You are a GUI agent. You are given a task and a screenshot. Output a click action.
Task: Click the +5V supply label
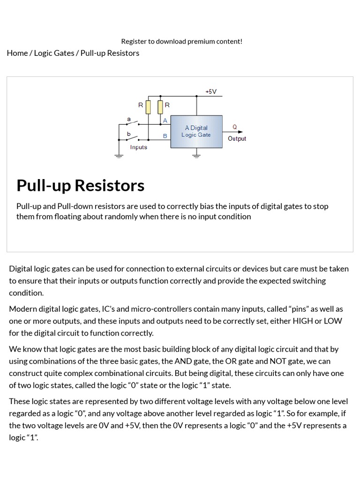[211, 91]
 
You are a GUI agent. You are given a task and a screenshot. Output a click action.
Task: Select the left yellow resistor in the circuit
[148, 107]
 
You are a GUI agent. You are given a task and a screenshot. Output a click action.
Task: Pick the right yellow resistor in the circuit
[160, 107]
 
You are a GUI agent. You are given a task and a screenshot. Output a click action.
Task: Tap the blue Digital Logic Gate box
[197, 131]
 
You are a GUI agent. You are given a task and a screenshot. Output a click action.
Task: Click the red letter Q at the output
[235, 127]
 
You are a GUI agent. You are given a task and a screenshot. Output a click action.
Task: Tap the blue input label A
[165, 120]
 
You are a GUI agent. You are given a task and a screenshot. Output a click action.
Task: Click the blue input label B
[165, 136]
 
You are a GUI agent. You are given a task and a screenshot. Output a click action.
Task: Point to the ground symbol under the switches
[119, 156]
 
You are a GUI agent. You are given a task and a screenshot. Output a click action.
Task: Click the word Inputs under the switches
[139, 147]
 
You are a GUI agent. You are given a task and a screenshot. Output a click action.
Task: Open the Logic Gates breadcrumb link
[54, 53]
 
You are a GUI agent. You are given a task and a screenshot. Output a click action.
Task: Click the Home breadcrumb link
[17, 53]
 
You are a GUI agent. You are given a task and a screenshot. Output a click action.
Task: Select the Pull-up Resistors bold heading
[80, 186]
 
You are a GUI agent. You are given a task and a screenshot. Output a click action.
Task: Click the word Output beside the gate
[237, 139]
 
